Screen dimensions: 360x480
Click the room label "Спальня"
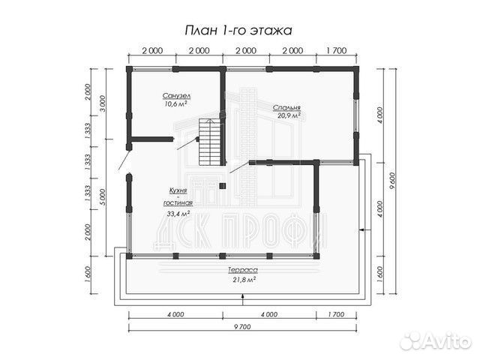(287, 107)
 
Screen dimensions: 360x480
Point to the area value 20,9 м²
(289, 116)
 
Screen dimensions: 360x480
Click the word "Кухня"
(177, 193)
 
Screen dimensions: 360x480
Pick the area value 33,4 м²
(178, 214)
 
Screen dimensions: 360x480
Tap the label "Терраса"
(243, 270)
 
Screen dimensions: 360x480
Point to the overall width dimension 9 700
(242, 326)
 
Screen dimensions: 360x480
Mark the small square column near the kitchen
(222, 184)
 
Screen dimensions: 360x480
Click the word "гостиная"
(178, 203)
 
